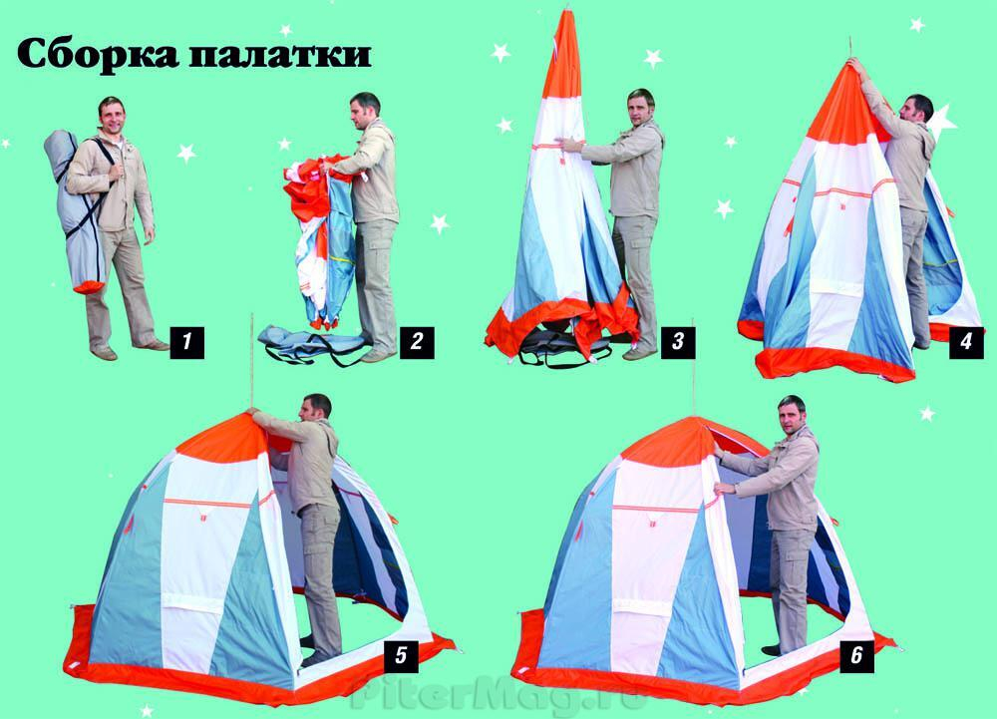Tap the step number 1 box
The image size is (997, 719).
[186, 344]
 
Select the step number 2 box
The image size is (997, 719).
[417, 343]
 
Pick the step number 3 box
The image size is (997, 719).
[678, 343]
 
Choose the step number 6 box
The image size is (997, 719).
[857, 655]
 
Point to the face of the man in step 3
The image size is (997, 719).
[638, 108]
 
